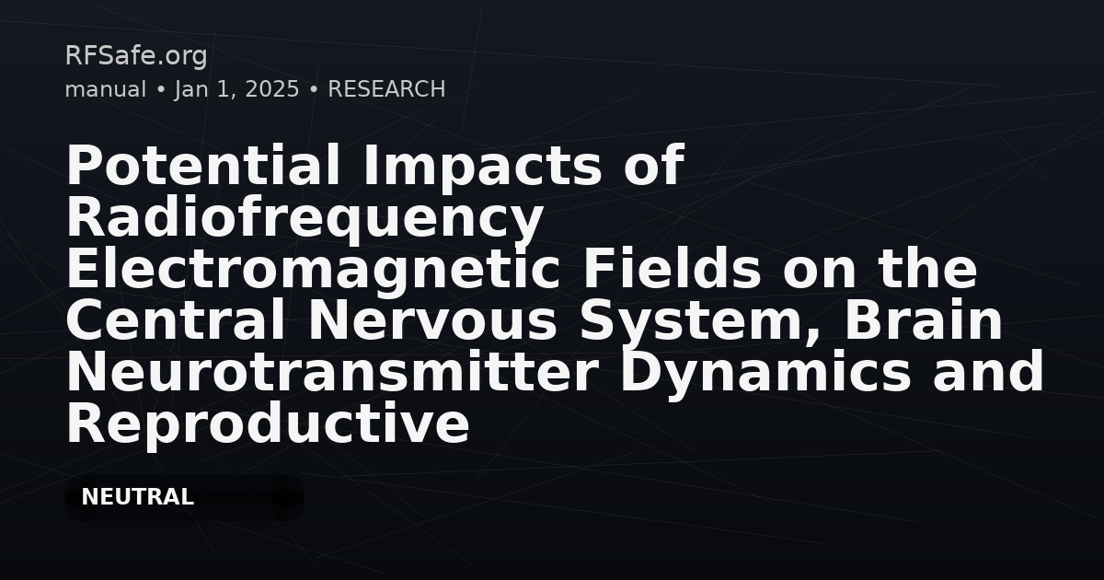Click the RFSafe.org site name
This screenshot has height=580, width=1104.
pyautogui.click(x=136, y=56)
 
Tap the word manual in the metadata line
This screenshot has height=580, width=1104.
pyautogui.click(x=106, y=89)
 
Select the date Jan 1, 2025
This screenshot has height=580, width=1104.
pyautogui.click(x=236, y=90)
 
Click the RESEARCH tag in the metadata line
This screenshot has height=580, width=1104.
pyautogui.click(x=386, y=89)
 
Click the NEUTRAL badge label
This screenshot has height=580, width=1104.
pyautogui.click(x=137, y=497)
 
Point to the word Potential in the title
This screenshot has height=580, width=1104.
pyautogui.click(x=203, y=165)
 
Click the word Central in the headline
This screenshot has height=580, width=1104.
pyautogui.click(x=176, y=321)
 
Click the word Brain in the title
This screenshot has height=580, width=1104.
pyautogui.click(x=924, y=321)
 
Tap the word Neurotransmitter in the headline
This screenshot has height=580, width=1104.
pyautogui.click(x=332, y=373)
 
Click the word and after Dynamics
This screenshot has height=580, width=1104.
pyautogui.click(x=988, y=372)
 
